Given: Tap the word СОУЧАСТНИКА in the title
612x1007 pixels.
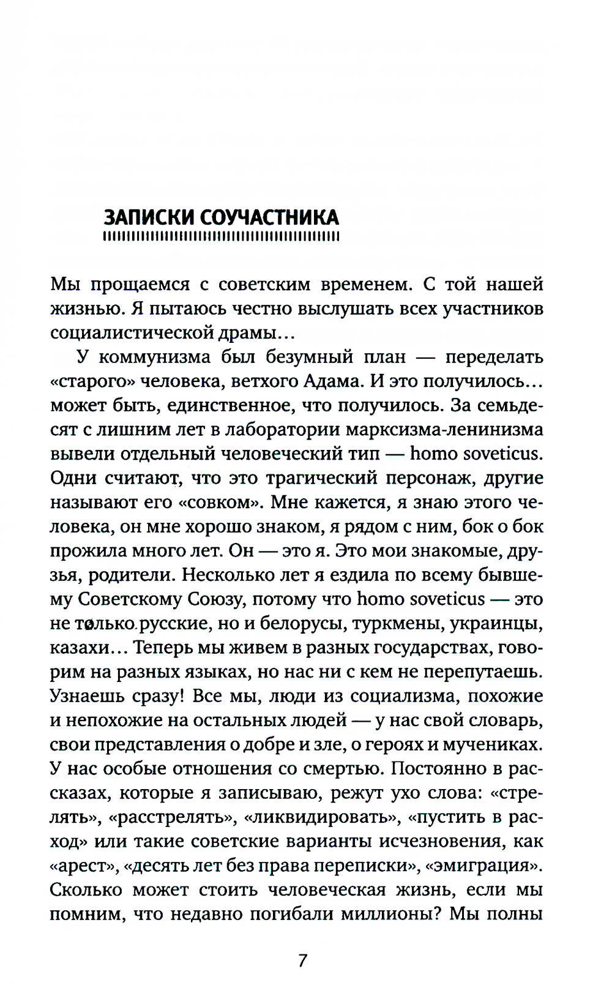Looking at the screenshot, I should (x=269, y=217).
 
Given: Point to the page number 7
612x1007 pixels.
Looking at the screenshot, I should (x=302, y=960).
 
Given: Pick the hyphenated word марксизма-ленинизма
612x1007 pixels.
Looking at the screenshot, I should (x=444, y=429).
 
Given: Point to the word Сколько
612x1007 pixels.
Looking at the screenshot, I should (x=86, y=889).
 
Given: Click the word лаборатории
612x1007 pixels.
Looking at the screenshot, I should (x=279, y=429).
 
